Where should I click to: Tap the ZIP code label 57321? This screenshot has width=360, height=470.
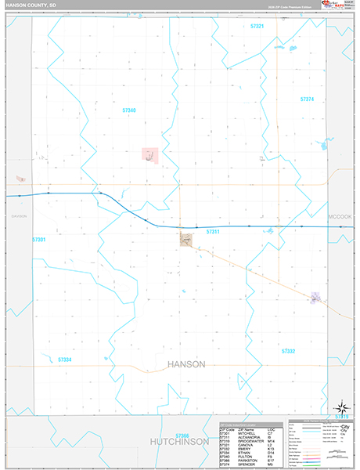[257, 26]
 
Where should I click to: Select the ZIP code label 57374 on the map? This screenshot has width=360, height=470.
[307, 99]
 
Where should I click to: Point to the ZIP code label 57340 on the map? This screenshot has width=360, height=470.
[129, 110]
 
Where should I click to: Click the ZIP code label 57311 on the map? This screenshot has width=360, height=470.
[213, 232]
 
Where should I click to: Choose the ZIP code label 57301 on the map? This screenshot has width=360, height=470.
[39, 239]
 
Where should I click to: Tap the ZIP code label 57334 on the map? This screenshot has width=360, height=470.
[65, 360]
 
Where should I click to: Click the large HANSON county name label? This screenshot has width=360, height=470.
[186, 364]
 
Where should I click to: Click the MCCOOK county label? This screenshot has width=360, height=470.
[340, 215]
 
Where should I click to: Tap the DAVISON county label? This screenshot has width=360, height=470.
[19, 216]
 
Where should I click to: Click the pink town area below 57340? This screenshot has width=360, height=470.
[149, 155]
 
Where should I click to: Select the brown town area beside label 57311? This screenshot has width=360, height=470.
[187, 240]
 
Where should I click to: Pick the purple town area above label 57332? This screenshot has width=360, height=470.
[315, 298]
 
